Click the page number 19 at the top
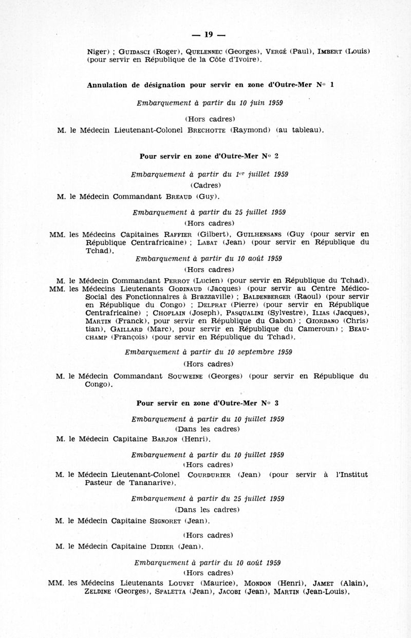208,35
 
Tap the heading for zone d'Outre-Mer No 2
208,156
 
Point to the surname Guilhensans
260,234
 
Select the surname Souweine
185,376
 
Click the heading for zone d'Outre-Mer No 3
208,402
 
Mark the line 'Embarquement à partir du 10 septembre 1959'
209,352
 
